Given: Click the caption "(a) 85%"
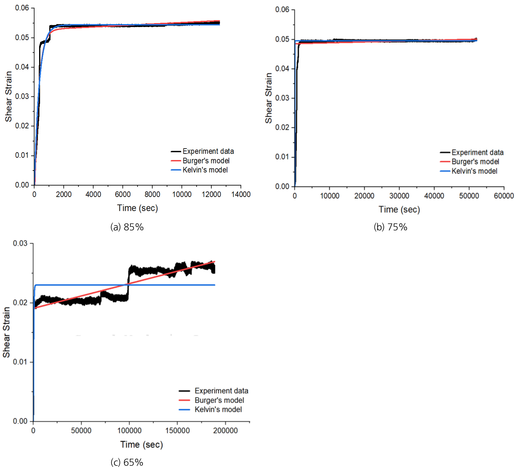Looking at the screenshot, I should pyautogui.click(x=127, y=227).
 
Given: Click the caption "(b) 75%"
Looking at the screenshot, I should pyautogui.click(x=390, y=227).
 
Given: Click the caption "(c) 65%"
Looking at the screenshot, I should pyautogui.click(x=127, y=462).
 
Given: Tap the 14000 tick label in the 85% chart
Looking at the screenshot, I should pyautogui.click(x=241, y=194).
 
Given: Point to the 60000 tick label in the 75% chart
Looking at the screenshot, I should pyautogui.click(x=504, y=196).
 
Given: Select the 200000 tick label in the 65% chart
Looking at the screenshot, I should pyautogui.click(x=225, y=430).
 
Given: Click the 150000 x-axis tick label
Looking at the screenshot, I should pyautogui.click(x=177, y=430).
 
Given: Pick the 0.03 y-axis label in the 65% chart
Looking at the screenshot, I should pyautogui.click(x=20, y=243).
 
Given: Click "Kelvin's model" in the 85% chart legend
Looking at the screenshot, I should pyautogui.click(x=205, y=170).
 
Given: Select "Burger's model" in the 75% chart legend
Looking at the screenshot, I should pyautogui.click(x=475, y=162).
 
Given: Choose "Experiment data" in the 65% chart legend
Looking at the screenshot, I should pyautogui.click(x=221, y=391).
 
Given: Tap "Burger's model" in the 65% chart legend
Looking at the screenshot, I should pyautogui.click(x=219, y=400).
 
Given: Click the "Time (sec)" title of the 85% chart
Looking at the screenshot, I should pyautogui.click(x=137, y=208).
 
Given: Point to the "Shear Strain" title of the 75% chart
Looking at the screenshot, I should pyautogui.click(x=268, y=98).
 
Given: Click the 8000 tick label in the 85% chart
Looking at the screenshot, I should pyautogui.click(x=152, y=194).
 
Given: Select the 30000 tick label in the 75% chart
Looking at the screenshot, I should pyautogui.click(x=399, y=196).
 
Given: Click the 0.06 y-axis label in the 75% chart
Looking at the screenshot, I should pyautogui.click(x=282, y=10).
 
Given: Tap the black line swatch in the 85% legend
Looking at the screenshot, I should pyautogui.click(x=176, y=151).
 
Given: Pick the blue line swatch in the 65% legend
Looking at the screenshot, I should pyautogui.click(x=184, y=409).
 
